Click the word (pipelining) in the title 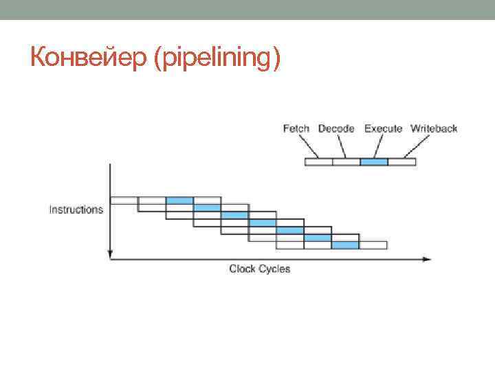(219, 60)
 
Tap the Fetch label (296, 128)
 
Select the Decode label (336, 128)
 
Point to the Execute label (383, 128)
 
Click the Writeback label (434, 128)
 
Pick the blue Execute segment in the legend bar (374, 162)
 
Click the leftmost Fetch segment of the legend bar (318, 162)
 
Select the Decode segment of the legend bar (346, 162)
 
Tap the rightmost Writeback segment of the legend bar (402, 162)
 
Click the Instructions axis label (76, 210)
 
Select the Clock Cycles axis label (260, 269)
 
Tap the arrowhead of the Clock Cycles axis (427, 259)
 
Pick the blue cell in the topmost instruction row (179, 200)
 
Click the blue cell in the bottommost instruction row (345, 245)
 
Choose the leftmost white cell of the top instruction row (124, 200)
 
